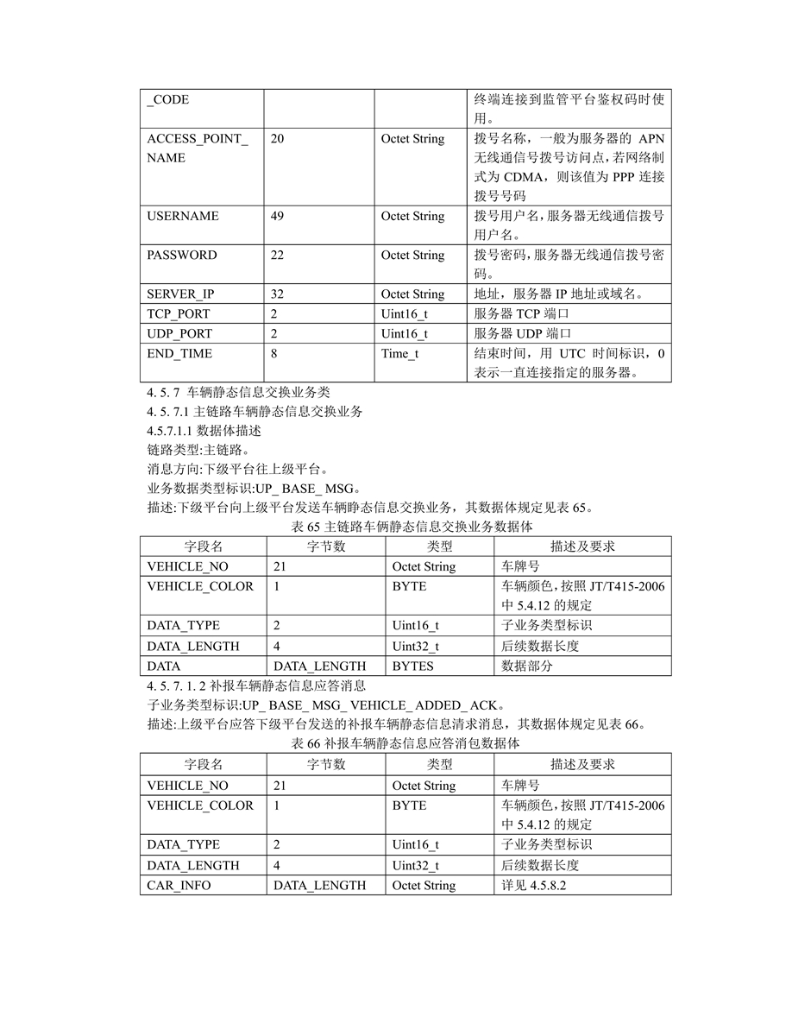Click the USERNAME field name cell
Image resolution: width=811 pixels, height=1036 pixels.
click(183, 216)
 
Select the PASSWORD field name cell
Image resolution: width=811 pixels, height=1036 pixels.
click(182, 255)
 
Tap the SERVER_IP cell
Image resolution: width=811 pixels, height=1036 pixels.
click(180, 294)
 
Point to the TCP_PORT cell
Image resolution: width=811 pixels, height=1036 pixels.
click(179, 314)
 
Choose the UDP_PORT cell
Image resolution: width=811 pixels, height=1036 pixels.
click(179, 334)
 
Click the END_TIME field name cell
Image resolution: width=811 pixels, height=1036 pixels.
click(179, 354)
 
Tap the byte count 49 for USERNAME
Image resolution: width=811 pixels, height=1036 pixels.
click(277, 216)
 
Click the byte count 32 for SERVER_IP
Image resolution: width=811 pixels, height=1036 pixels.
click(277, 294)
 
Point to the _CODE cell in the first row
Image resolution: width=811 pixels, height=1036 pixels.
click(168, 100)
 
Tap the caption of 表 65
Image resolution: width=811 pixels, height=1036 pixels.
click(405, 526)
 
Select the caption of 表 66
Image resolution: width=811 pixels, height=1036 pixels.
click(405, 742)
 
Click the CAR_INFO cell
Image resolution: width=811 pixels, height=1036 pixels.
click(179, 886)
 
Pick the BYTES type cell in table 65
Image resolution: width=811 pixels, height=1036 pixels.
click(412, 666)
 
